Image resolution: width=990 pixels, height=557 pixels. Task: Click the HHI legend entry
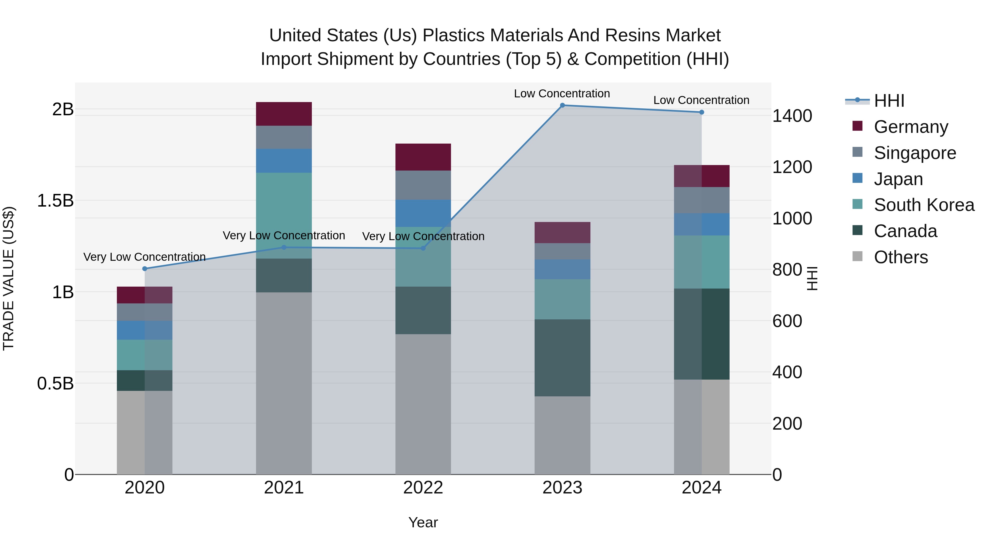(889, 101)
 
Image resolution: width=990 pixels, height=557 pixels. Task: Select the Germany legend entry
(911, 127)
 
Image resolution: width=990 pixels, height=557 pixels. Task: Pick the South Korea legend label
(924, 205)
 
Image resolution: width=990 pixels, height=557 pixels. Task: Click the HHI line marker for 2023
(562, 105)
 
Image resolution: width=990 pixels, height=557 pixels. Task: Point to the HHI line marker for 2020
(144, 269)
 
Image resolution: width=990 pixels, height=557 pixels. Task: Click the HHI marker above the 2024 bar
(701, 112)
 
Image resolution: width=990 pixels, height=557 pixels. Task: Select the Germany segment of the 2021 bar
(284, 114)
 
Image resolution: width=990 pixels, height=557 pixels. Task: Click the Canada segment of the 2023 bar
(562, 358)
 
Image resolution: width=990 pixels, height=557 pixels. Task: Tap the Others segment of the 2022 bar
(423, 404)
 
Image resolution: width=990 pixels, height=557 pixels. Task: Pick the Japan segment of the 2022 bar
(423, 213)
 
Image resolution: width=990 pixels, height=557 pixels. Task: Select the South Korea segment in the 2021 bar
(284, 215)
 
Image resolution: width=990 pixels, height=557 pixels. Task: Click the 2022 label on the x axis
(423, 488)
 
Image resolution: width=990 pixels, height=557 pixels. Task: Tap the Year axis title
(423, 522)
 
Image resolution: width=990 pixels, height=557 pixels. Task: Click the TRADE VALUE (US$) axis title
(9, 278)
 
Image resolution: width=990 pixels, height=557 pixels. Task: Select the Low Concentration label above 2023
(562, 94)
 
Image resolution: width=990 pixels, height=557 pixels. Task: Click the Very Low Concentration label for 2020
(144, 257)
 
